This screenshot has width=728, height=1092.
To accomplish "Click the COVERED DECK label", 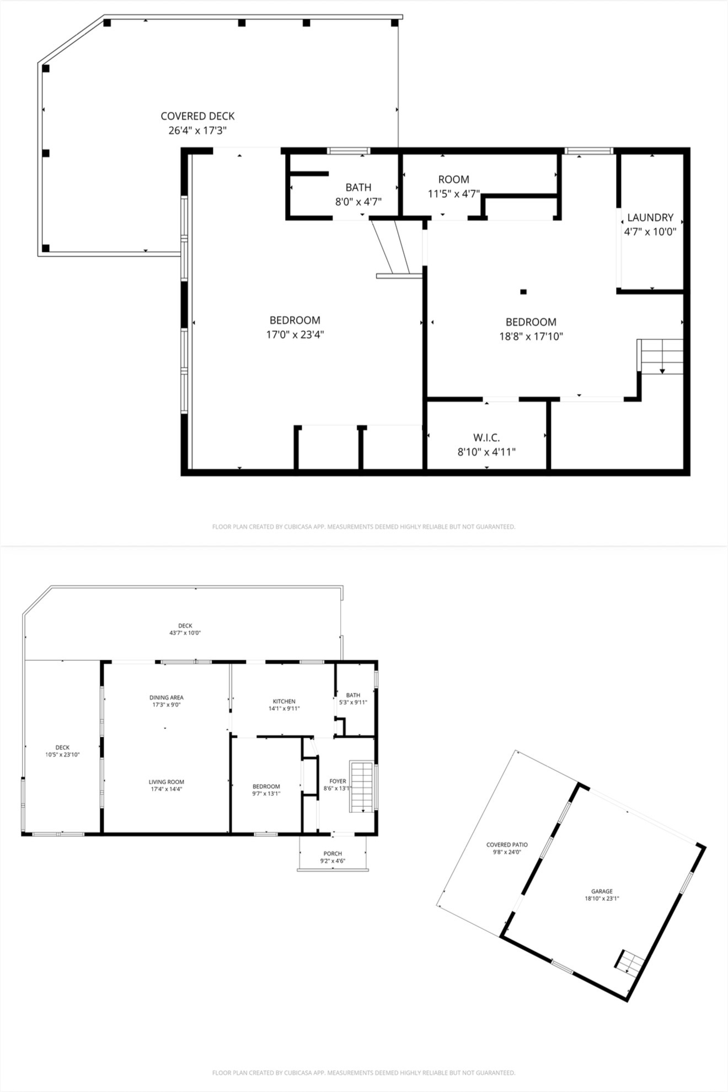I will coord(197,116).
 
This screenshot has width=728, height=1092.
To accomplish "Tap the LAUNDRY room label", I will coord(650,218).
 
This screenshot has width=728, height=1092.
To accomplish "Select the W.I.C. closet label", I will coord(486,438).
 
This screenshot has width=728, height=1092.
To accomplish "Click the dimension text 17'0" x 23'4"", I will coord(295,334).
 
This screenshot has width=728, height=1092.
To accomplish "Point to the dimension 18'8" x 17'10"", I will coord(531,336).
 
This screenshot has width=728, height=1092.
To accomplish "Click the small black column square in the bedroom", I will coord(523,291).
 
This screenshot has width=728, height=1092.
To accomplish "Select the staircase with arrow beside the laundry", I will coord(661,356).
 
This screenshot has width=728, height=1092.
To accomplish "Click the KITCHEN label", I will coord(284,701).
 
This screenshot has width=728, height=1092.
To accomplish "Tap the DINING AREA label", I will coord(166,698).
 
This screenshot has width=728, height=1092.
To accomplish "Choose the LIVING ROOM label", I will coord(166,782).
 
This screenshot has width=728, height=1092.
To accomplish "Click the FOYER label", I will coord(338,781).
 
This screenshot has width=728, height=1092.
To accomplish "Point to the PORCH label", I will coord(333,853).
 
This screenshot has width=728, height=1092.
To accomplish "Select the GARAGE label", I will coord(602,891).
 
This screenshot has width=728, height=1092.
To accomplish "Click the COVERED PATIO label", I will coord(507,845).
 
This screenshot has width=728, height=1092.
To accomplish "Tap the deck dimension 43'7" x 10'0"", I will coord(185,633).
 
